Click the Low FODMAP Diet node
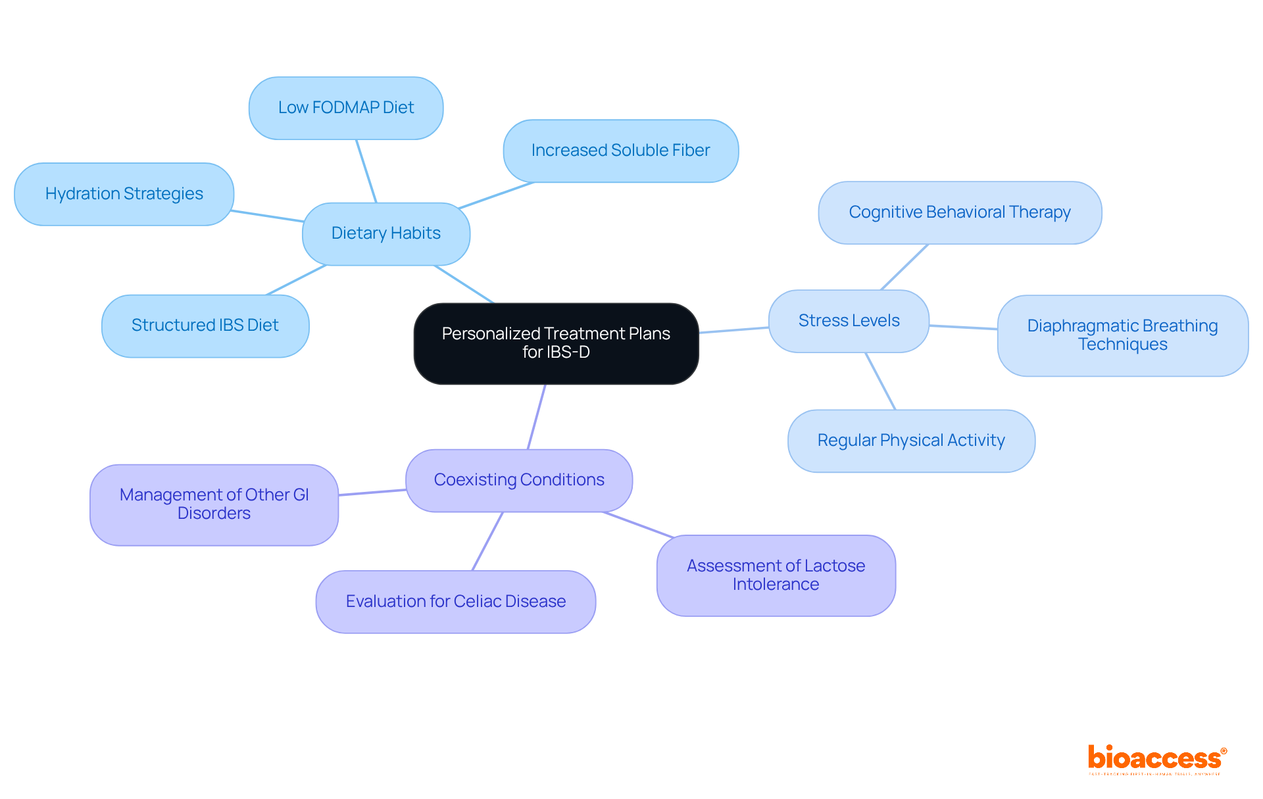(346, 108)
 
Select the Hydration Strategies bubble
(124, 194)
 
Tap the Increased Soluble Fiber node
(620, 151)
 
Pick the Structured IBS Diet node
(205, 326)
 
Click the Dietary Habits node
(386, 233)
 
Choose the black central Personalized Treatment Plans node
(556, 343)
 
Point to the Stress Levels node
(849, 321)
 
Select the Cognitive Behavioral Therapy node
(960, 212)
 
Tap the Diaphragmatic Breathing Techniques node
(1122, 335)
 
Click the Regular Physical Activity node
(911, 441)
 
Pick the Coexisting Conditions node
(519, 480)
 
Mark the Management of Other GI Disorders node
(214, 504)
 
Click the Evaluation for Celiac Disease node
(456, 602)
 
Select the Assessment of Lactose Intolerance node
(776, 575)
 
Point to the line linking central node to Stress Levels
(733, 330)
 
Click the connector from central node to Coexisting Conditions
(537, 417)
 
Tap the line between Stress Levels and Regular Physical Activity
(880, 381)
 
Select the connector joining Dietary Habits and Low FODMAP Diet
(366, 171)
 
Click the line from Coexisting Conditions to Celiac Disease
(487, 541)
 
